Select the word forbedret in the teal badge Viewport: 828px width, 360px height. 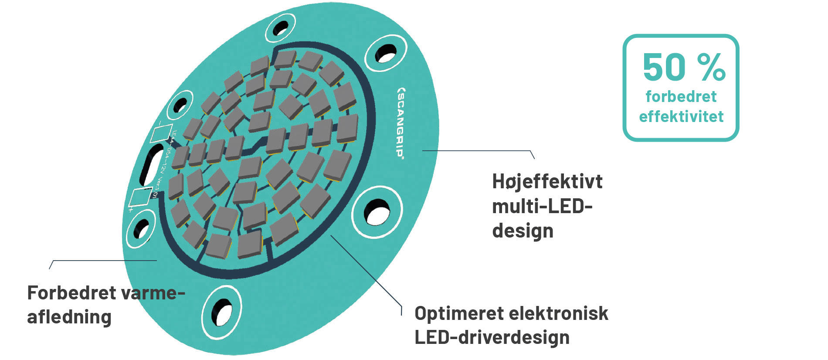click(x=681, y=96)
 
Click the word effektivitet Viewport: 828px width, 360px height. click(x=681, y=117)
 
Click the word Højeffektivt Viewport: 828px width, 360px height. click(x=547, y=181)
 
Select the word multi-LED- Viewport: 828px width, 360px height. click(x=542, y=206)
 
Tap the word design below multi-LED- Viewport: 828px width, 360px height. click(x=523, y=231)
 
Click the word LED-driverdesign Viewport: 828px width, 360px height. click(x=492, y=337)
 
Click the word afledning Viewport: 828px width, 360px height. click(x=69, y=317)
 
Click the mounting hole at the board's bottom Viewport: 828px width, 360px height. click(x=222, y=313)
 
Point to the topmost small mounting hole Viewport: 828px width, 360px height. click(x=280, y=28)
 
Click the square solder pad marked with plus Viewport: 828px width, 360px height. click(x=141, y=197)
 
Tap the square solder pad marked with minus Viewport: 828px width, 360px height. click(x=159, y=133)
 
